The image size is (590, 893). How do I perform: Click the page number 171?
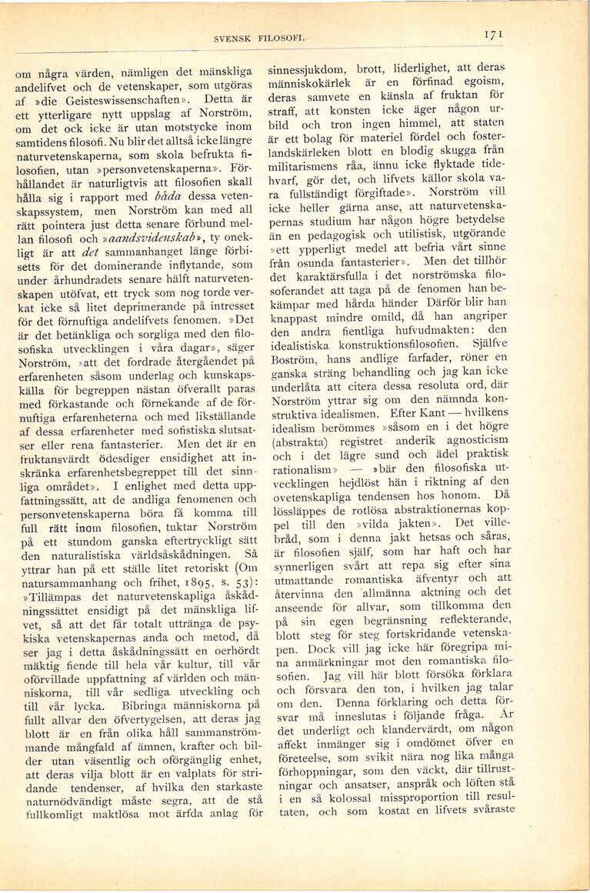[x=494, y=34]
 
